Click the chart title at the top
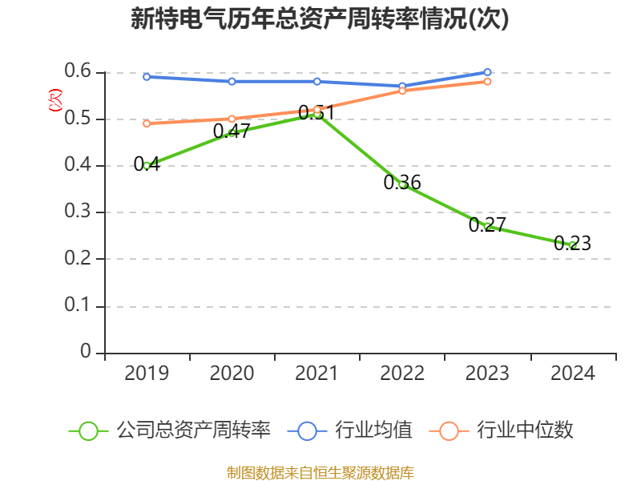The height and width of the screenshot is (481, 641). coord(320,19)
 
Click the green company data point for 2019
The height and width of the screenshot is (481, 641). coord(147,166)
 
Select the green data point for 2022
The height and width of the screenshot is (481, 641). coord(402,184)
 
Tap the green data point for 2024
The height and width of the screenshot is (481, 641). coord(573,245)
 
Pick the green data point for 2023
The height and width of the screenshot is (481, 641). coord(487,227)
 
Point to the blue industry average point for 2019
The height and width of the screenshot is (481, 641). coord(147,77)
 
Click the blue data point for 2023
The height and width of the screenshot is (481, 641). coord(487,72)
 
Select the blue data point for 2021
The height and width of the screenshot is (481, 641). coord(317,81)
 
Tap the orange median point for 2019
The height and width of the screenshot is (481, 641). coord(147,123)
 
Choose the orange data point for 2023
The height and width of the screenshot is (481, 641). coord(487,81)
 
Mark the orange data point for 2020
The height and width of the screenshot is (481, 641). coord(232,119)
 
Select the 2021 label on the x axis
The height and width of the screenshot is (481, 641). coord(317,374)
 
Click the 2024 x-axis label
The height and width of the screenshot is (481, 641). coord(573,374)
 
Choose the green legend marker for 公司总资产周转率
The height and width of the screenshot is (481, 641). coord(89,430)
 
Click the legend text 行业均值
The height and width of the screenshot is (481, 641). coord(373,430)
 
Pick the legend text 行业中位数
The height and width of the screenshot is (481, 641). coord(526,430)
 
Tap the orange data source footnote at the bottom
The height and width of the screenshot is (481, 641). coord(320,472)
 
